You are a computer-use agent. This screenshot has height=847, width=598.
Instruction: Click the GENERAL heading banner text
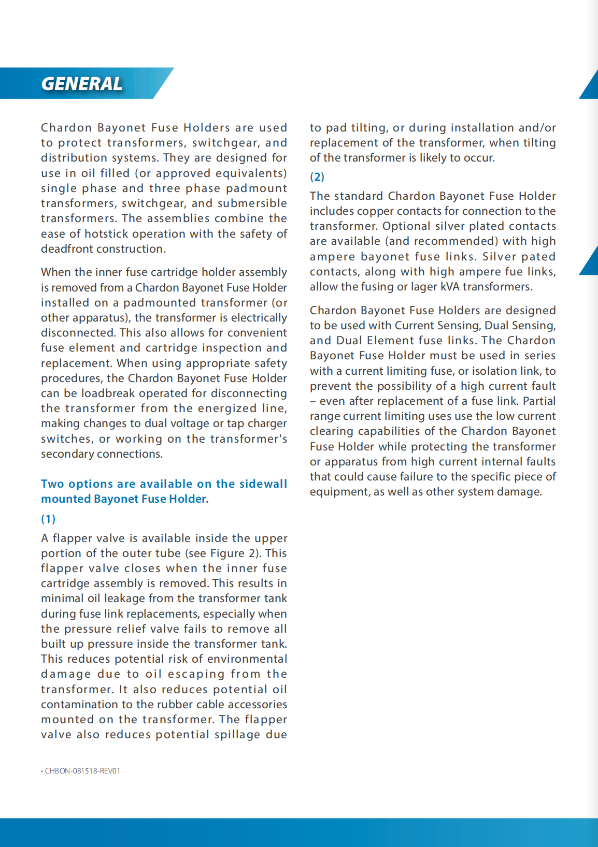(x=81, y=84)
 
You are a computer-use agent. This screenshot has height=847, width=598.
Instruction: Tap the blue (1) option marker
(x=48, y=519)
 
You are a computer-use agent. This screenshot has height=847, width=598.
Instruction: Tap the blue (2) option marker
(x=317, y=177)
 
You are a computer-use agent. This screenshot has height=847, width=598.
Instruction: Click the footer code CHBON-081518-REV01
(x=82, y=771)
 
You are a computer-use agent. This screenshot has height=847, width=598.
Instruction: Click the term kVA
(x=450, y=287)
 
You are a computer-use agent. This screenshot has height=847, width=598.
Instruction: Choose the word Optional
(x=406, y=226)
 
